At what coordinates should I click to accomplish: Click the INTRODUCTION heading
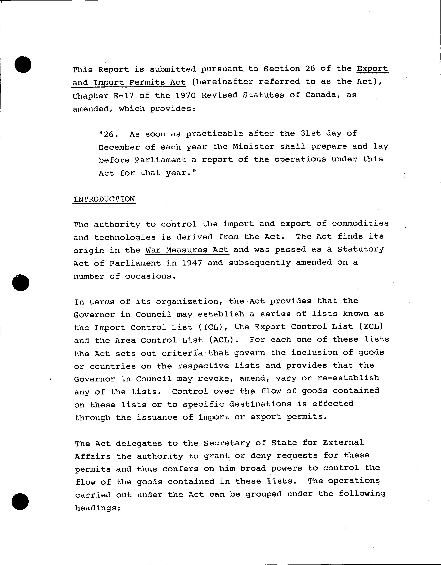pyautogui.click(x=104, y=199)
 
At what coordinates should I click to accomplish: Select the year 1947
pyautogui.click(x=192, y=263)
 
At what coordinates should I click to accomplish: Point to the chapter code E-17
pyautogui.click(x=124, y=96)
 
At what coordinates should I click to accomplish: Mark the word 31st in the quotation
pyautogui.click(x=311, y=133)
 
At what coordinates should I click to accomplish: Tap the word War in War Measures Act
pyautogui.click(x=153, y=250)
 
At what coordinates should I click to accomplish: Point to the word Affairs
pyautogui.click(x=92, y=456)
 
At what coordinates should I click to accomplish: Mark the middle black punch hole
pyautogui.click(x=21, y=282)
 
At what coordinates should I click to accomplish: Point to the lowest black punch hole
pyautogui.click(x=20, y=501)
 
